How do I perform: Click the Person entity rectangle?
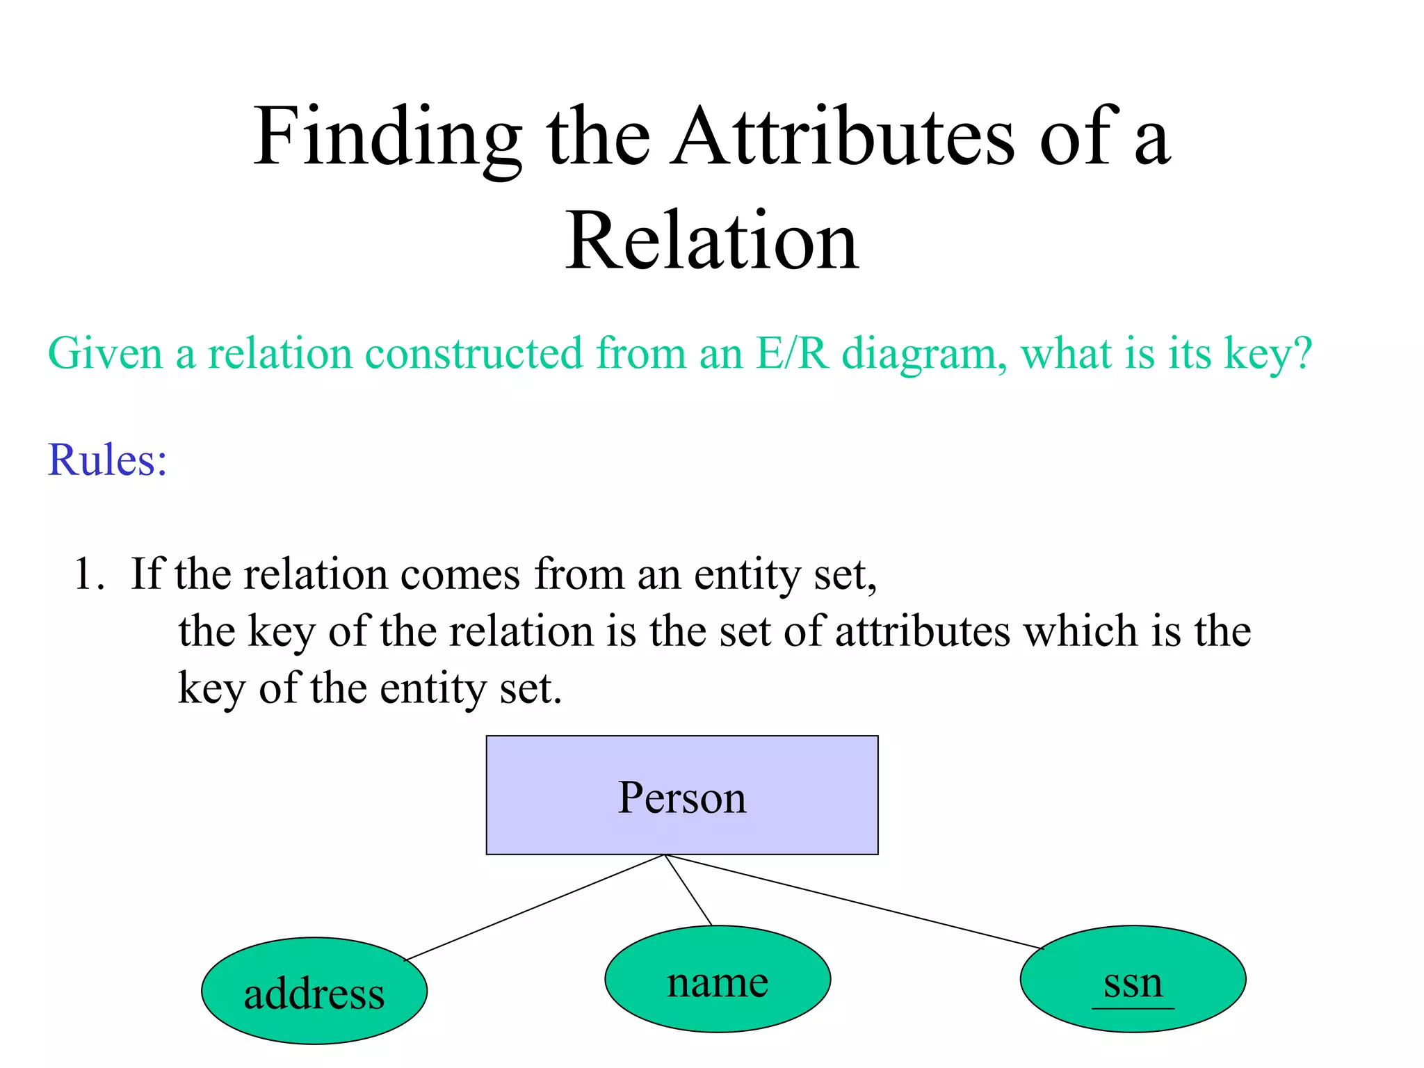coord(681,795)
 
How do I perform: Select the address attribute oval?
coord(314,991)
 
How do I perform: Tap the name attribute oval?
coord(718,979)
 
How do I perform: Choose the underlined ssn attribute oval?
coord(1133,979)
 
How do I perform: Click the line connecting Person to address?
coord(534,907)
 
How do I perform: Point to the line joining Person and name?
coord(688,890)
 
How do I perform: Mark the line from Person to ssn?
coord(854,902)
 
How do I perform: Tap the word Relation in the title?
coord(711,241)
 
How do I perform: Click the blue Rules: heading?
coord(107,460)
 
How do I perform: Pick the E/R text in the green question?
coord(792,353)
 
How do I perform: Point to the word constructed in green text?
coord(474,353)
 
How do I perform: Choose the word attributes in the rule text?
coord(923,631)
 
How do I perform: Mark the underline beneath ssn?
coord(1133,1007)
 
